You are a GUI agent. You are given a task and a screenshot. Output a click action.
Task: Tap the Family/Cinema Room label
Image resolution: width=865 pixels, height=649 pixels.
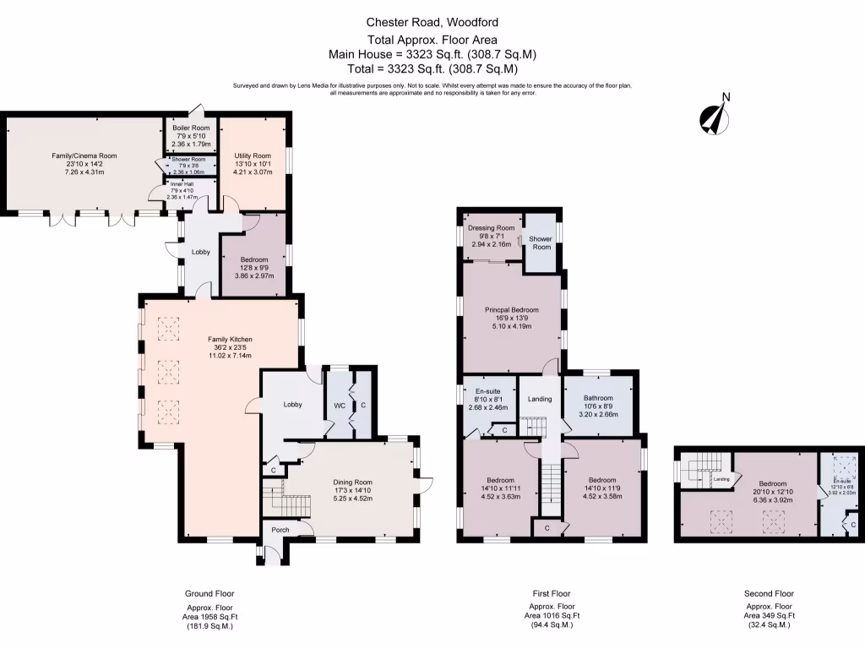[x=84, y=155]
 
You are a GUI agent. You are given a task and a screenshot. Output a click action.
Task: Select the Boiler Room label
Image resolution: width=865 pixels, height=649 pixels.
[x=193, y=128]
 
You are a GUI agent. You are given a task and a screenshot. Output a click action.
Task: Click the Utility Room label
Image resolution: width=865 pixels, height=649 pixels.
[x=253, y=155]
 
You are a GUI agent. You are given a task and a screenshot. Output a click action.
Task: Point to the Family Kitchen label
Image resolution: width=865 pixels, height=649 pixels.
[x=231, y=340]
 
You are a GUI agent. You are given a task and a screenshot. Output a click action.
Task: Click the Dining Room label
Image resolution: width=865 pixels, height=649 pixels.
[x=351, y=483]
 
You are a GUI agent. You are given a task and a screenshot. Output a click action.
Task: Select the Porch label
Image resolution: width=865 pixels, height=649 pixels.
[x=280, y=531]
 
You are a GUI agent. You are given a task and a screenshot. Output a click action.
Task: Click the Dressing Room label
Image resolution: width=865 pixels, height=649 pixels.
[x=491, y=228]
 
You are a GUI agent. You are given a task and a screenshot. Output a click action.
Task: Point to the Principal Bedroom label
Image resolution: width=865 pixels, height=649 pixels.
[x=511, y=310]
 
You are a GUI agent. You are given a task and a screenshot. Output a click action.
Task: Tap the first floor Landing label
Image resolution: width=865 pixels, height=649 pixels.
[x=539, y=400]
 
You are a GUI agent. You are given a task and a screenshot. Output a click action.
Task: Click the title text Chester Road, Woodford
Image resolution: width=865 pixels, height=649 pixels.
[x=432, y=23]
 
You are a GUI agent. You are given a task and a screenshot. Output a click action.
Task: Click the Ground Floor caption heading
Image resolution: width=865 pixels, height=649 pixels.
[x=209, y=593]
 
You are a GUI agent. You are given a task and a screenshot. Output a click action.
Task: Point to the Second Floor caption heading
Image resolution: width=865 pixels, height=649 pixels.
[x=770, y=593]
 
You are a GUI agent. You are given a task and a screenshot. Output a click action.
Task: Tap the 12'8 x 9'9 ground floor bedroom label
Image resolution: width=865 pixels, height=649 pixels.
[x=253, y=259]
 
